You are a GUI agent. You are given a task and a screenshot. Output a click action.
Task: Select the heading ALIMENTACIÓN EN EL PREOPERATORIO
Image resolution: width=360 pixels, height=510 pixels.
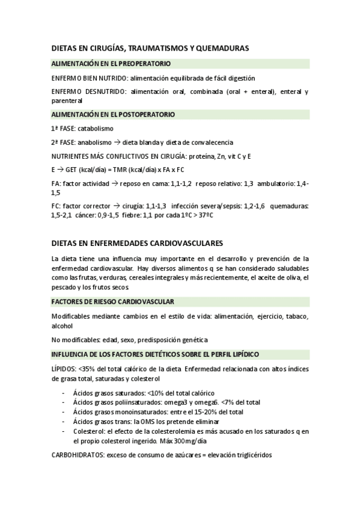point(111,63)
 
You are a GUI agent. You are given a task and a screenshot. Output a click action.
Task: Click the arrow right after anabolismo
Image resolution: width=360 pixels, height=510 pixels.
point(117,143)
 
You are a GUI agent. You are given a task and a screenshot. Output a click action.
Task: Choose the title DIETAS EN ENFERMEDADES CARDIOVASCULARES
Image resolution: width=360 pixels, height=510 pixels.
point(137,243)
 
